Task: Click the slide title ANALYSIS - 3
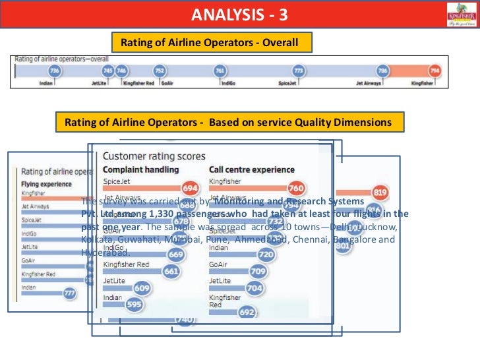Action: pos(240,14)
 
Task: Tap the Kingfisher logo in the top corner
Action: pos(461,14)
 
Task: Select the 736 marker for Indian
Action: pos(54,71)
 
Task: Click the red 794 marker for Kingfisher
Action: pos(435,71)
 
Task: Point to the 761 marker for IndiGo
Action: pos(220,71)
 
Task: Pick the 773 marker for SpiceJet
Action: pos(299,71)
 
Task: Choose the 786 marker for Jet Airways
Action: pos(382,71)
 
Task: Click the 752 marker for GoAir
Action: pos(159,71)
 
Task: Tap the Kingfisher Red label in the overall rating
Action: pos(138,84)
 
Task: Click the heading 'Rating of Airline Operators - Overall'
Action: pos(209,43)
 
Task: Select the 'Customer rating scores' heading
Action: pos(154,156)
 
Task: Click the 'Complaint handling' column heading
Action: pos(141,169)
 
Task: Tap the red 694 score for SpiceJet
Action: pos(190,187)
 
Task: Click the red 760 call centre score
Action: pos(296,187)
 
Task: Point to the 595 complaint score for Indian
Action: pos(134,305)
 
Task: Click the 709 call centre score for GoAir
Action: pos(258,271)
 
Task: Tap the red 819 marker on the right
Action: pos(380,193)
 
